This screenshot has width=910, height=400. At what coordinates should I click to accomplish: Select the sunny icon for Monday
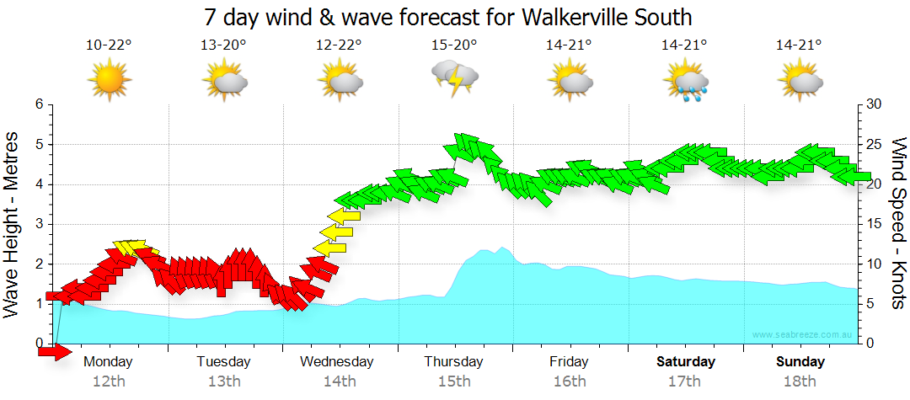[110, 81]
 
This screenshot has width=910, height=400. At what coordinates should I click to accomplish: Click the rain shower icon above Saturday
[685, 81]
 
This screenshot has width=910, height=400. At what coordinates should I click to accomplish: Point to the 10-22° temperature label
[110, 45]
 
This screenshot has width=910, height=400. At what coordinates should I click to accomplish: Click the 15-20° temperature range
[455, 45]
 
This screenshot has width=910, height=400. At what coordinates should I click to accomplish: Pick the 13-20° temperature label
[224, 45]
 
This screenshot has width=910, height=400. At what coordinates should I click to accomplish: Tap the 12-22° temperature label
[340, 45]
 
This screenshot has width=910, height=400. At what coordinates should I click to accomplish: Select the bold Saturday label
[685, 362]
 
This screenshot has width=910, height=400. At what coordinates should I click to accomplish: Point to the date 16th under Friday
[570, 381]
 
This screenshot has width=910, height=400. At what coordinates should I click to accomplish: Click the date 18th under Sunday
[800, 381]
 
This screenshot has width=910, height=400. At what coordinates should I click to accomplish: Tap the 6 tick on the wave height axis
[39, 104]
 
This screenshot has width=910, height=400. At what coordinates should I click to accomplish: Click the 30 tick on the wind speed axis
[875, 104]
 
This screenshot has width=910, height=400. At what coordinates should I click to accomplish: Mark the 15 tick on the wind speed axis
[875, 224]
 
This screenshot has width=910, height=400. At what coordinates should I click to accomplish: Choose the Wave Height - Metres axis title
[13, 224]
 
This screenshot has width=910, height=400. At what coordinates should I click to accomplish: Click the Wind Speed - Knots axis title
[897, 224]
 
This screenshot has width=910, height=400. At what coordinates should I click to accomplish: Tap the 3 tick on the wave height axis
[39, 224]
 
